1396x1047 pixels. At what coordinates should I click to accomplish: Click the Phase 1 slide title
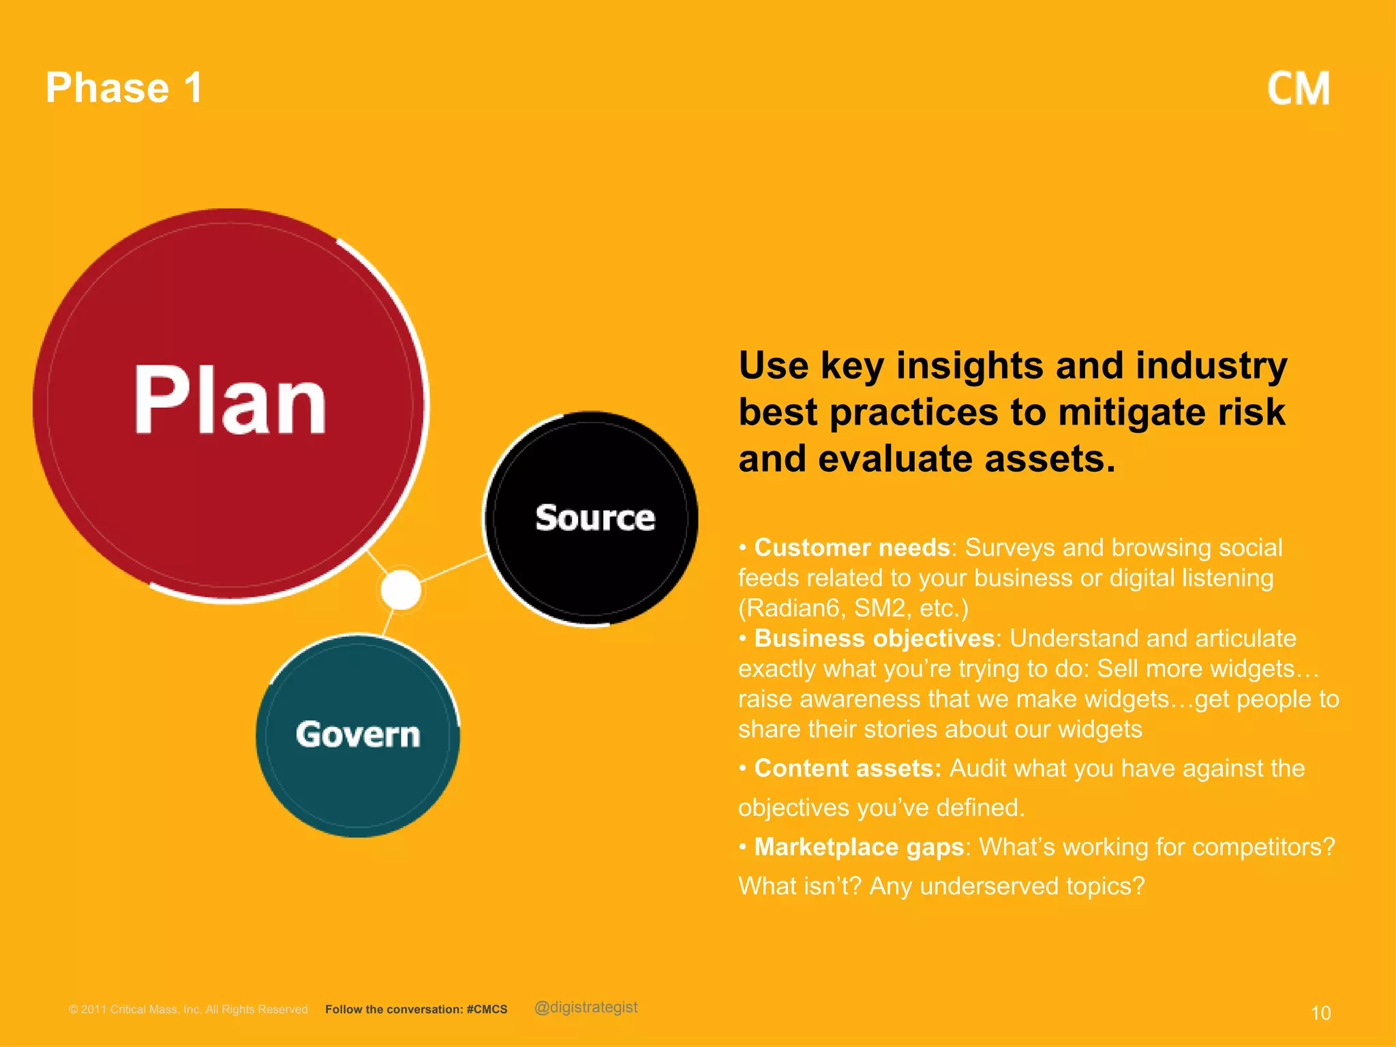click(x=123, y=88)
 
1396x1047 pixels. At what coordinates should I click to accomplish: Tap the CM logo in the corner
click(x=1298, y=89)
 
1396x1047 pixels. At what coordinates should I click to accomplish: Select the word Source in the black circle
click(x=594, y=518)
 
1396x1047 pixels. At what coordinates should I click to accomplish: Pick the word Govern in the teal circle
click(x=358, y=735)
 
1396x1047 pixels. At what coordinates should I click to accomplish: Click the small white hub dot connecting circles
click(x=401, y=590)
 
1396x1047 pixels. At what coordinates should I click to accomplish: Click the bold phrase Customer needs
click(x=852, y=547)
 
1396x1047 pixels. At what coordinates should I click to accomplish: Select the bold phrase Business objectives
click(x=874, y=638)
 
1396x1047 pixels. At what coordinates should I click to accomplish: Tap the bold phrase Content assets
click(x=847, y=768)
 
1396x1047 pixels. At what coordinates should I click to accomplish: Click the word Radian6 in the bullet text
click(x=791, y=608)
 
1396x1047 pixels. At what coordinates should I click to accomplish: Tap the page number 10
click(x=1320, y=1013)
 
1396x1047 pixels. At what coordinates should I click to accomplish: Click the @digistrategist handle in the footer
click(x=586, y=1007)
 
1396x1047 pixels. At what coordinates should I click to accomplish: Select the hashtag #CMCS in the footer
click(x=487, y=1010)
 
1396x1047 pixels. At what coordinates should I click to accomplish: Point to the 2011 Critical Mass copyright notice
click(x=188, y=1010)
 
